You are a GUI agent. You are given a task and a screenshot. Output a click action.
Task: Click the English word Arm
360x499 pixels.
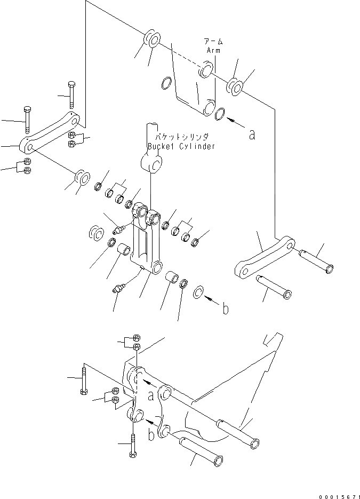tap(213, 50)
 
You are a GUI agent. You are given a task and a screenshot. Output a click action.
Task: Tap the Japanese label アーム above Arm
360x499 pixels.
tap(213, 42)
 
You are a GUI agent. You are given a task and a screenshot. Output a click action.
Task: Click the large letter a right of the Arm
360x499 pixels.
tap(252, 135)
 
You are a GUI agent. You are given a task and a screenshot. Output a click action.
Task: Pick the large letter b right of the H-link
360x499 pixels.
tap(226, 308)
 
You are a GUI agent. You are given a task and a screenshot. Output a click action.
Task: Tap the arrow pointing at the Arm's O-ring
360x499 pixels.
tap(235, 122)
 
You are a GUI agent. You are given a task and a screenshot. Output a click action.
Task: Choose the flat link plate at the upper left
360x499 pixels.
tap(49, 131)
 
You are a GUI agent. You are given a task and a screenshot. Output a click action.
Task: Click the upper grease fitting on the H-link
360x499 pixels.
tap(119, 230)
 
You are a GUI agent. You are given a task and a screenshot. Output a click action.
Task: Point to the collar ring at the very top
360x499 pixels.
tap(152, 39)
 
